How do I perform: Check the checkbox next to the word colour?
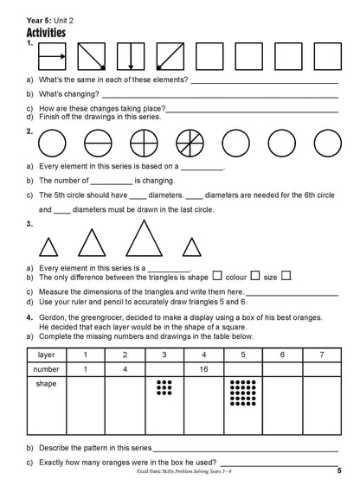[x=255, y=277]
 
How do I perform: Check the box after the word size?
[x=286, y=277]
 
